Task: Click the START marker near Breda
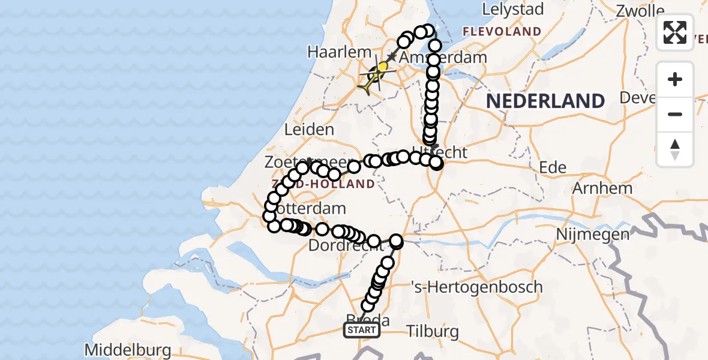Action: click(x=361, y=329)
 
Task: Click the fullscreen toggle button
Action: click(x=675, y=32)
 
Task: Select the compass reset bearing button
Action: click(x=675, y=149)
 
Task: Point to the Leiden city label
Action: click(x=310, y=130)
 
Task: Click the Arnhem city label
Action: click(x=602, y=188)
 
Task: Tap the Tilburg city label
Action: click(x=433, y=331)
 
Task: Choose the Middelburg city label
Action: click(x=127, y=350)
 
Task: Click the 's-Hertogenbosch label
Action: click(x=478, y=287)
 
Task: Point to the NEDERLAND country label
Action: click(x=545, y=101)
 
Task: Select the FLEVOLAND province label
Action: click(x=501, y=31)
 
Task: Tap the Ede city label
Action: click(x=553, y=167)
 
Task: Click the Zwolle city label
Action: click(x=641, y=10)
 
